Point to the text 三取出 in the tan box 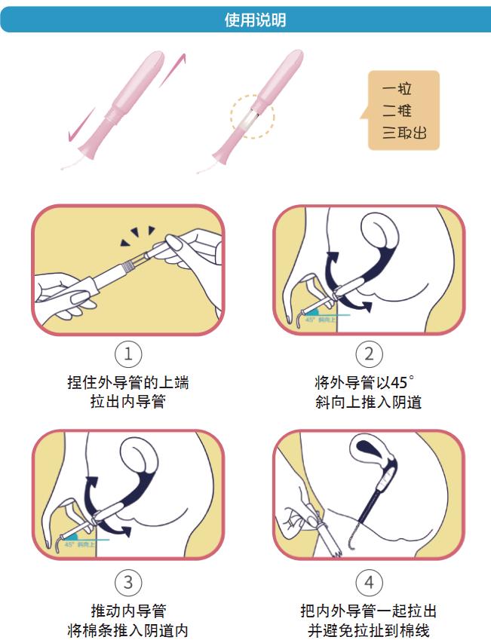click(404, 133)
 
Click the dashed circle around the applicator click(252, 116)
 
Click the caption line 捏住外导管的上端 click(127, 382)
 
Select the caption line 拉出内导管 click(127, 402)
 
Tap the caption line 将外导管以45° click(369, 382)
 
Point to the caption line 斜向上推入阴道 click(369, 402)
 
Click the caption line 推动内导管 click(127, 610)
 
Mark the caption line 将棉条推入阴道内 click(127, 630)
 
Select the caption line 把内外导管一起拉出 click(369, 610)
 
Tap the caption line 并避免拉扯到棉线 click(369, 630)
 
